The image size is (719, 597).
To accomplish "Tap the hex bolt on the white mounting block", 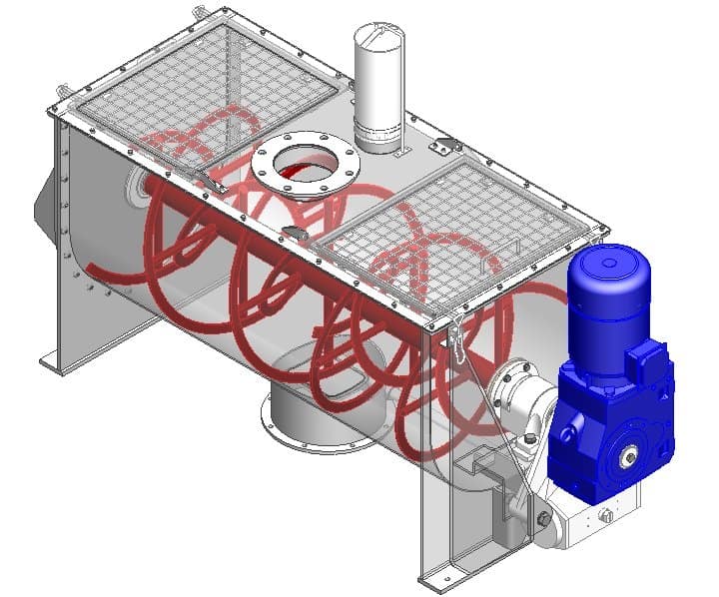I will click(544, 518).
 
